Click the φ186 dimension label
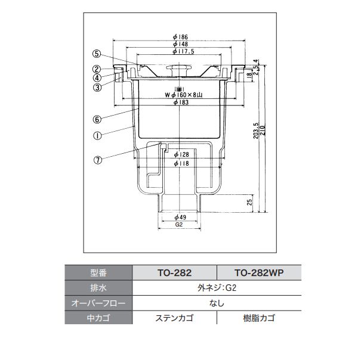[180, 37]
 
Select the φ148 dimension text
[180, 44]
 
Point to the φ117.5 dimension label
[184, 51]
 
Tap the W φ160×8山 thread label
[184, 95]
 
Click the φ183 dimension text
[181, 102]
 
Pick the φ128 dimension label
[181, 154]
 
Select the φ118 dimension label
[181, 163]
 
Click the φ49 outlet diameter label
[180, 217]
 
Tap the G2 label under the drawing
[179, 225]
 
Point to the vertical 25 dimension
[249, 203]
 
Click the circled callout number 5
[97, 54]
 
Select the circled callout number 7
[98, 160]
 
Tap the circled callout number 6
[97, 119]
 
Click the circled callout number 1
[97, 136]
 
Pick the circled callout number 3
[97, 88]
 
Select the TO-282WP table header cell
[259, 273]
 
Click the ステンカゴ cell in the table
[174, 318]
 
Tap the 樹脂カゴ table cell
[259, 318]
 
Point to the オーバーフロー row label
[98, 303]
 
